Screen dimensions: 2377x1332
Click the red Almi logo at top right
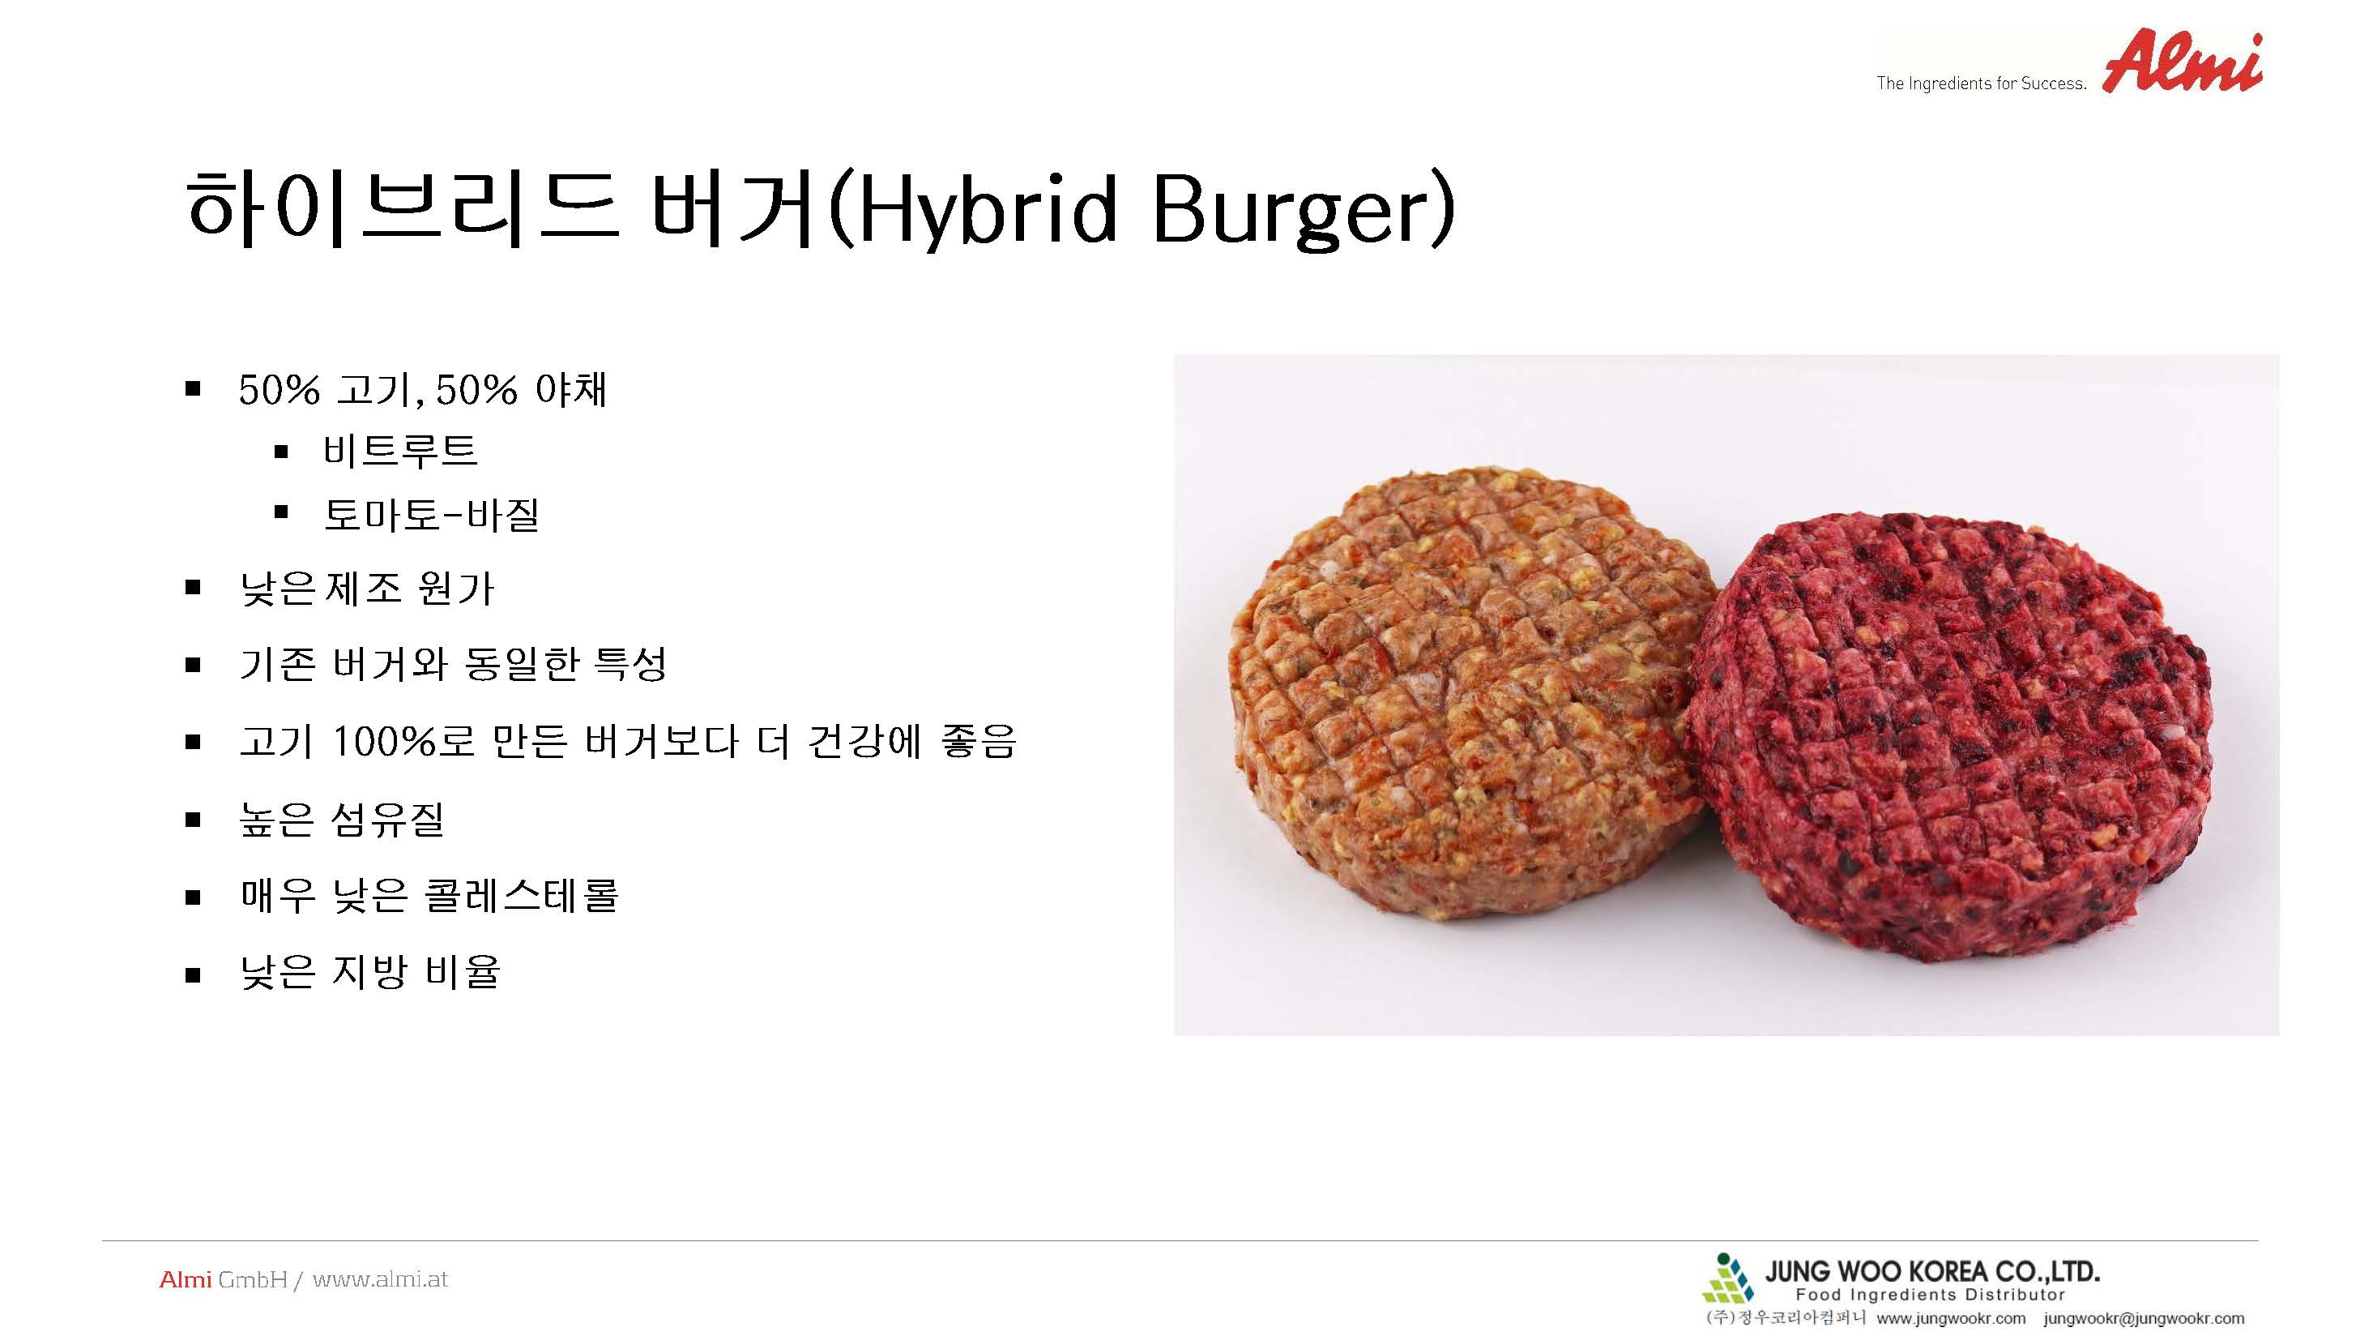(2183, 62)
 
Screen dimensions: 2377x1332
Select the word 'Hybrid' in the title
(987, 211)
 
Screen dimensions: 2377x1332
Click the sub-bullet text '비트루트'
(399, 452)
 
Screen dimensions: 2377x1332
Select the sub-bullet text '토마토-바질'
(431, 514)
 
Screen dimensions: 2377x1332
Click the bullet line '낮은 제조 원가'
(367, 588)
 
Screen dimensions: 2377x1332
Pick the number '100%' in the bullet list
(382, 741)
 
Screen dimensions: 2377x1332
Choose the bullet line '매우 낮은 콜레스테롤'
(429, 895)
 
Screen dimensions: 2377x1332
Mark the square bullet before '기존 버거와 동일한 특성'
(193, 665)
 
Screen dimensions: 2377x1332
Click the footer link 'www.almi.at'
(380, 1279)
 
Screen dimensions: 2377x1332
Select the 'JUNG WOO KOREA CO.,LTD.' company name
(1932, 1272)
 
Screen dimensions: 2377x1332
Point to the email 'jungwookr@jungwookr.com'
(2144, 1318)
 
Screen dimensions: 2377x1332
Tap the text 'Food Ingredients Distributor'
(1931, 1295)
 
